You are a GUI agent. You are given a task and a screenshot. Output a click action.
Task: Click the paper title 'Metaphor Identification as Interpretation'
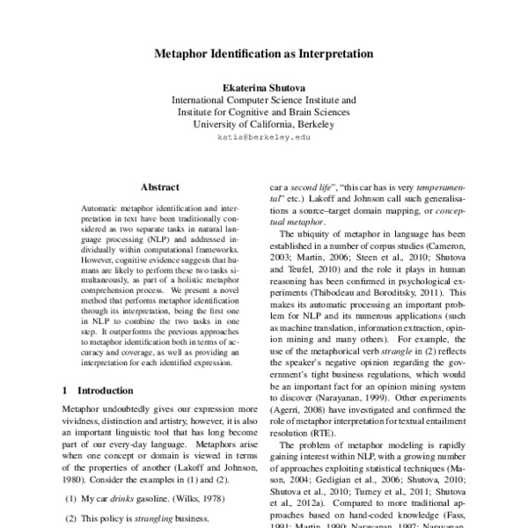[x=264, y=54]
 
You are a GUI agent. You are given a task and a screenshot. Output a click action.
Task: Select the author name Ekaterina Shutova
[x=264, y=89]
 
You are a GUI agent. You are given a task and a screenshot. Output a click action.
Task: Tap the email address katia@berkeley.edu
[x=264, y=138]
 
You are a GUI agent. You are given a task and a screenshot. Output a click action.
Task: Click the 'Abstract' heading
[x=160, y=187]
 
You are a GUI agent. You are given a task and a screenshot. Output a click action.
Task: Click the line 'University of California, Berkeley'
[x=264, y=125]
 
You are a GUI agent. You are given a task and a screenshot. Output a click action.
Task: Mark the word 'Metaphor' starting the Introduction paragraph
[x=84, y=411]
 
